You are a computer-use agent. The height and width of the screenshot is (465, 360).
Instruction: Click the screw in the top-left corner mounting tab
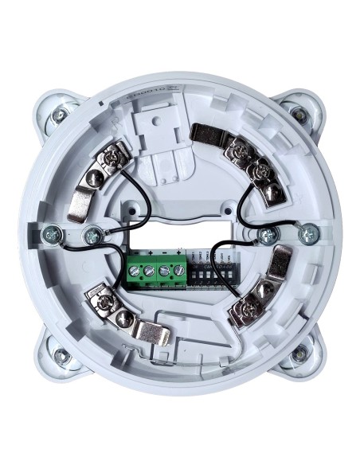coord(57,119)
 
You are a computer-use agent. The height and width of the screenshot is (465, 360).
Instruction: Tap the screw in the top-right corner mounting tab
coord(303,118)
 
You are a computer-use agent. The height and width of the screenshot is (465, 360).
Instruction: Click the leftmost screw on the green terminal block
coord(135,269)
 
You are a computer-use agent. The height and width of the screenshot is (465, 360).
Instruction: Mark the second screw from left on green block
coord(150,269)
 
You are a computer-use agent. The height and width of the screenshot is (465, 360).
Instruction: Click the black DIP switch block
coord(211,271)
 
